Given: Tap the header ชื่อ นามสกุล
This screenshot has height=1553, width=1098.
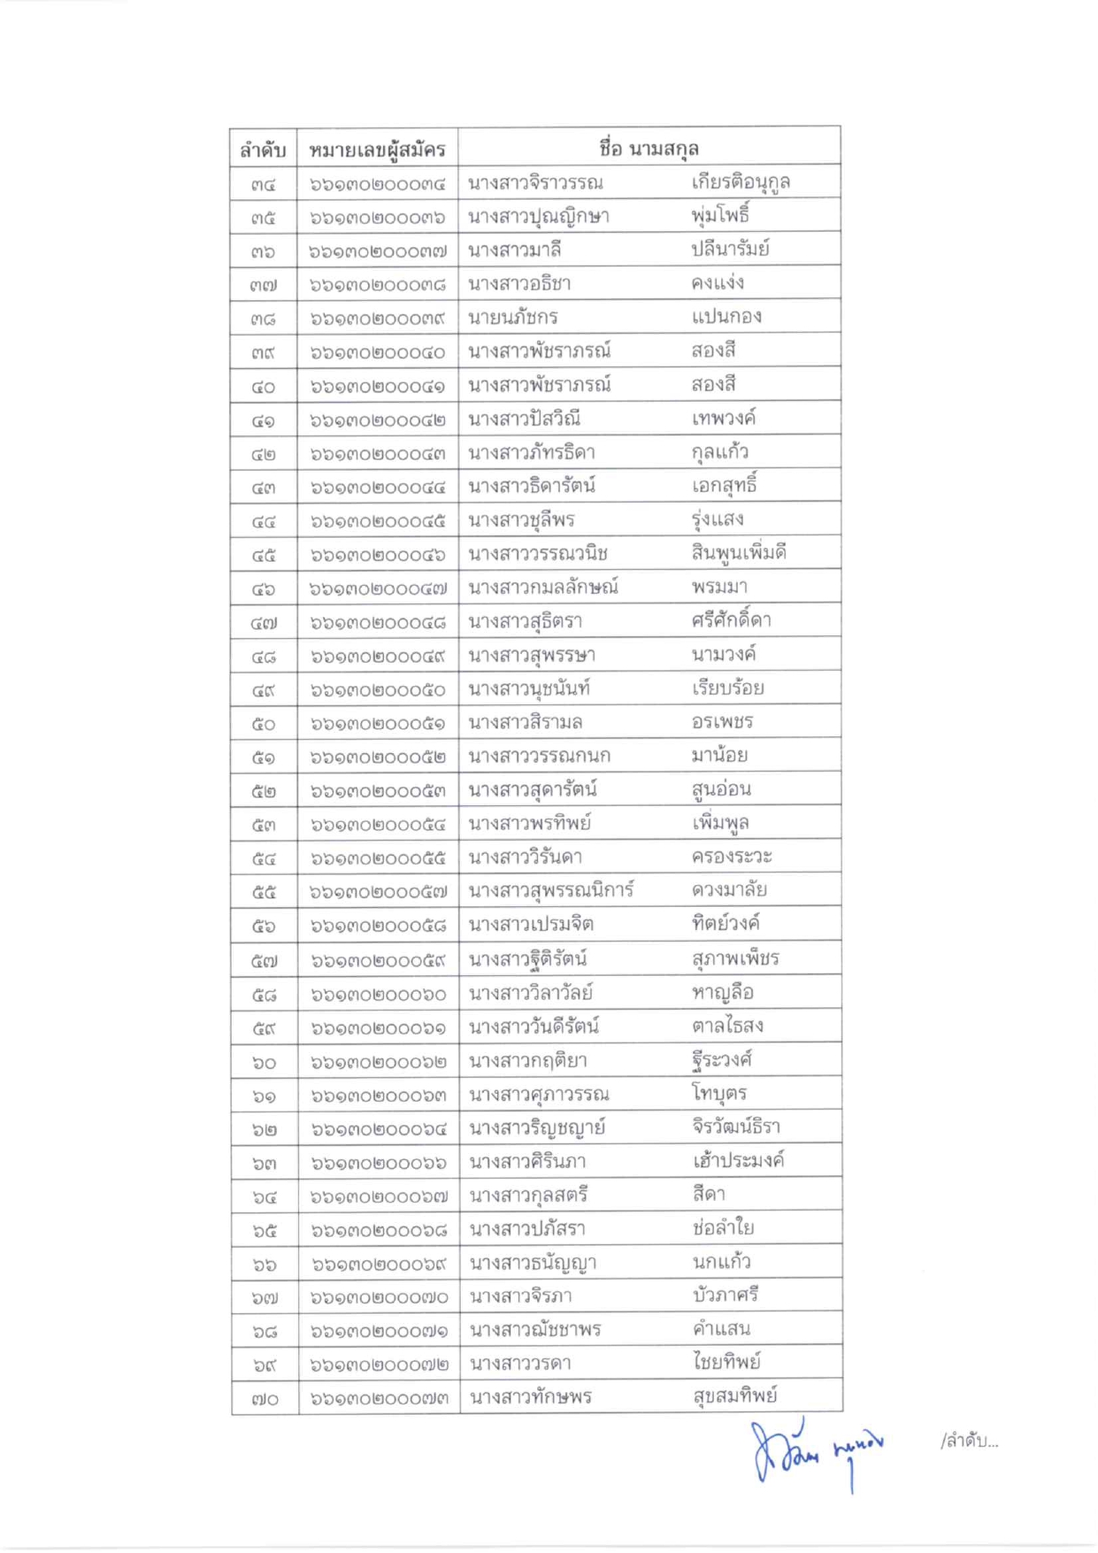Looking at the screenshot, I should [x=649, y=148].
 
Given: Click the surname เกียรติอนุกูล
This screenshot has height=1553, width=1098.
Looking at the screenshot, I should [x=741, y=182].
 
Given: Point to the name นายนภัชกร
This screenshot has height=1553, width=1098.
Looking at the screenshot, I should [x=513, y=317].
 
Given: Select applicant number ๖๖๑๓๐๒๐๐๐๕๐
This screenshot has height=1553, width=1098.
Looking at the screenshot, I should [x=378, y=690].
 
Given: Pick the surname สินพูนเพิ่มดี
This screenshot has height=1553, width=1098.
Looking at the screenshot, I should [x=739, y=553].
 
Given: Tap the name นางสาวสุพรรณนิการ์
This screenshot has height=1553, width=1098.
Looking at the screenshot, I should [x=551, y=890].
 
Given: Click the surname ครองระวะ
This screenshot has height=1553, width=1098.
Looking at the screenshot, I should [x=732, y=857].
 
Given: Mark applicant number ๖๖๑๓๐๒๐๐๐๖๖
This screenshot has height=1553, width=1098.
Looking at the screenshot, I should [x=378, y=1163].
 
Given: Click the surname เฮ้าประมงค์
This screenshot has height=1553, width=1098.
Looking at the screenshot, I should [x=739, y=1160].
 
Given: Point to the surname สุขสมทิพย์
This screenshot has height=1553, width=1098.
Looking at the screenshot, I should [x=734, y=1395].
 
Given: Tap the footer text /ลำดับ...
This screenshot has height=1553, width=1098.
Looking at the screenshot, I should [x=969, y=1442].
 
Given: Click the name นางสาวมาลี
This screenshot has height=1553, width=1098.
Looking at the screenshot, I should [x=515, y=250].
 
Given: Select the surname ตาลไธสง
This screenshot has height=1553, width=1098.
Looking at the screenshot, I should [x=727, y=1026].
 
